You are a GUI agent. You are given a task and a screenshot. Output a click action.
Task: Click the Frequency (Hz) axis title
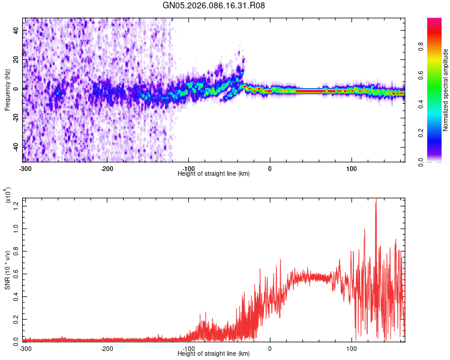[7, 90]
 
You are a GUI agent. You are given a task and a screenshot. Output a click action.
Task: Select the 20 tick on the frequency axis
[16, 59]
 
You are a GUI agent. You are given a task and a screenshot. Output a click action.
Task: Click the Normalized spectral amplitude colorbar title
[446, 90]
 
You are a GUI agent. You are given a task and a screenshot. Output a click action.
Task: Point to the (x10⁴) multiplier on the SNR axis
[8, 196]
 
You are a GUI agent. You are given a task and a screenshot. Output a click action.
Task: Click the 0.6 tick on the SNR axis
[16, 274]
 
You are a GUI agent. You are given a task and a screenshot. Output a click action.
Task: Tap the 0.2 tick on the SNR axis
[16, 318]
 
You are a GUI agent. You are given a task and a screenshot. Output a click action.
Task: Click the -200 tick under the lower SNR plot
[107, 348]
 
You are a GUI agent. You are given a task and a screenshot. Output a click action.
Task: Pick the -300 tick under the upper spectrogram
[25, 168]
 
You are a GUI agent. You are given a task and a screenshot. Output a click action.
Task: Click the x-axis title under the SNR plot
[214, 354]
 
